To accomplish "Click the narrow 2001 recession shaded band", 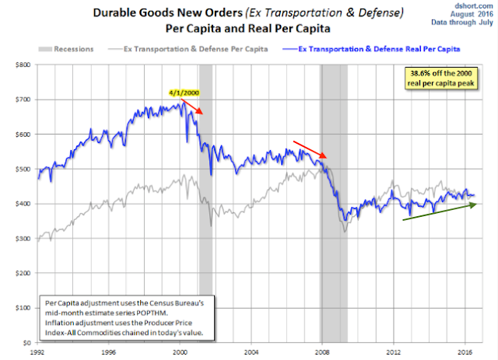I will [x=205, y=194].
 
